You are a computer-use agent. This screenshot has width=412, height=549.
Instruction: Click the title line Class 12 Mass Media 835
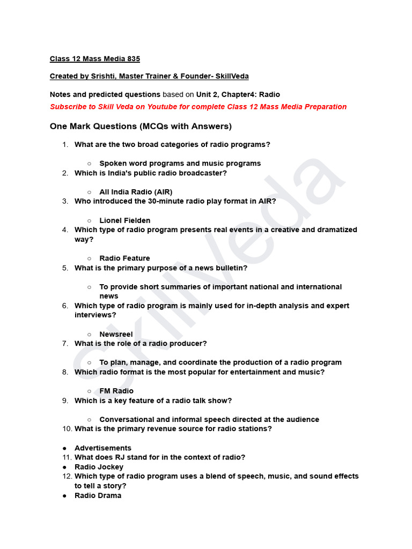pyautogui.click(x=95, y=58)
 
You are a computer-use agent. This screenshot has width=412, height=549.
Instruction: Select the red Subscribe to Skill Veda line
pyautogui.click(x=198, y=107)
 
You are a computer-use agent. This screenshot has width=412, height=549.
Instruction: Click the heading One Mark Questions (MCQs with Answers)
pyautogui.click(x=141, y=127)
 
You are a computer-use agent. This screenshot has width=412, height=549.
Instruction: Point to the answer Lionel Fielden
pyautogui.click(x=124, y=220)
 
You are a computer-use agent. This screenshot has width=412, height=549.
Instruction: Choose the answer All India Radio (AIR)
pyautogui.click(x=136, y=192)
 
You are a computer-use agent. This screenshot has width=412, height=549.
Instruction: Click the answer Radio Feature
pyautogui.click(x=124, y=258)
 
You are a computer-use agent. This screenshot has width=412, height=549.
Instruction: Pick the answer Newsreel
pyautogui.click(x=116, y=334)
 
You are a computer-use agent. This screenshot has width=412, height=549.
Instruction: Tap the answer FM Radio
pyautogui.click(x=116, y=391)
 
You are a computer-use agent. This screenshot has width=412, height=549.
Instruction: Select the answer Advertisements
pyautogui.click(x=103, y=448)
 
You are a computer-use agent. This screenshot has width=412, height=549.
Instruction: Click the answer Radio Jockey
pyautogui.click(x=99, y=467)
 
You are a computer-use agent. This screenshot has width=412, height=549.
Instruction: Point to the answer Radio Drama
pyautogui.click(x=98, y=495)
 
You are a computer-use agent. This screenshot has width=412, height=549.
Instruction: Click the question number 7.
pyautogui.click(x=64, y=344)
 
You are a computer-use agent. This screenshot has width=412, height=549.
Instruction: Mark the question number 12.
pyautogui.click(x=67, y=476)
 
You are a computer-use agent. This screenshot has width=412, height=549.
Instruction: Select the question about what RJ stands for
pyautogui.click(x=160, y=457)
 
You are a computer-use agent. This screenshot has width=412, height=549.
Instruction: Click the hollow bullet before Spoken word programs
pyautogui.click(x=89, y=164)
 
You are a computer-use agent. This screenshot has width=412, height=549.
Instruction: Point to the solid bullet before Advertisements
pyautogui.click(x=64, y=448)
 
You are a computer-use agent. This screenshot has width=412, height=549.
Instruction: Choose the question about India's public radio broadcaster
pyautogui.click(x=151, y=173)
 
